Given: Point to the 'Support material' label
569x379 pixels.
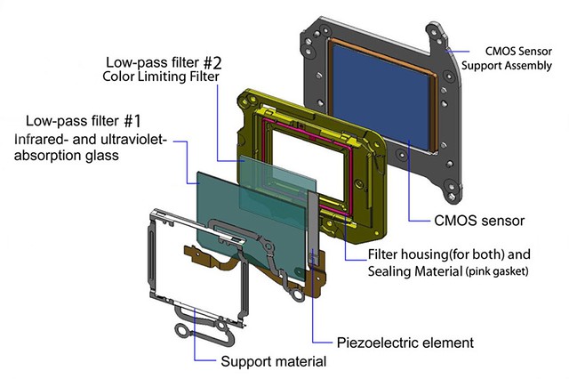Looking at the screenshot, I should click(274, 361).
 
